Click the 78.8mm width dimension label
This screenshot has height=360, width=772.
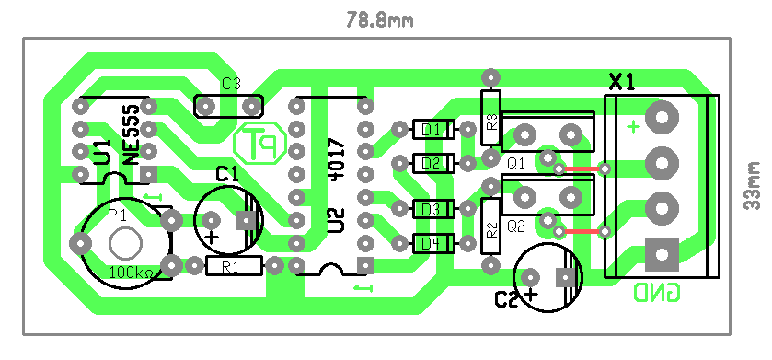tap(380, 19)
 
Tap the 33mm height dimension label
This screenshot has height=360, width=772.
tap(753, 185)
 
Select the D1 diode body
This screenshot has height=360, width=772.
tap(432, 130)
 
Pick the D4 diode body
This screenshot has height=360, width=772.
tap(432, 243)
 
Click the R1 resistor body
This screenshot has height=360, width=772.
tap(234, 266)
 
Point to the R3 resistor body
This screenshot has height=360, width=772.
tap(490, 118)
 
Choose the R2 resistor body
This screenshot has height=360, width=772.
tap(490, 226)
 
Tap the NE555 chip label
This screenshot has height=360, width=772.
tap(132, 135)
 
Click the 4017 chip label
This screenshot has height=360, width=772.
tap(338, 159)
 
